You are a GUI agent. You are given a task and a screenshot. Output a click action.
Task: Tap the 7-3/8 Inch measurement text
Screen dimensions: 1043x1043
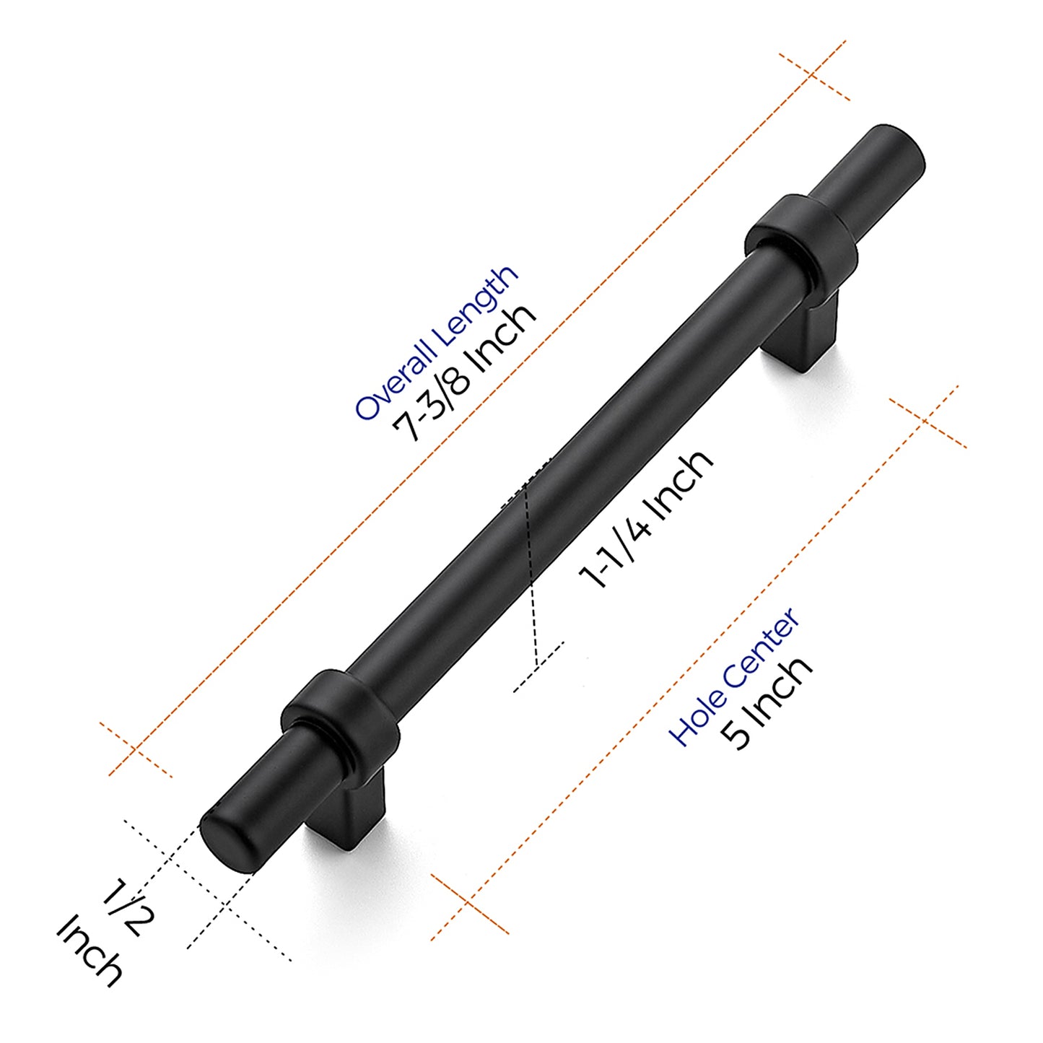[464, 373]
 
